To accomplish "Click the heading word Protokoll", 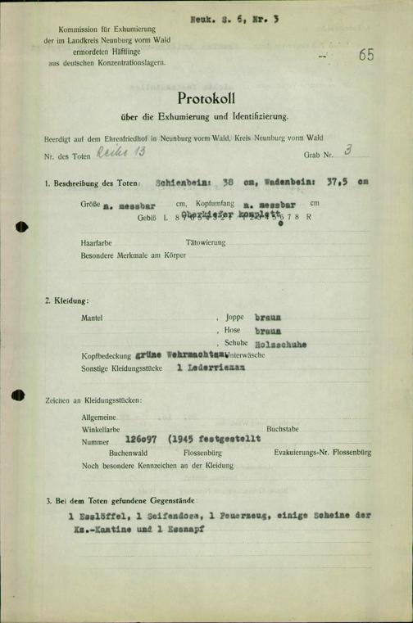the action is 206,98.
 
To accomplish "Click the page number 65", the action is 365,56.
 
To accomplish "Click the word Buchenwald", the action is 130,451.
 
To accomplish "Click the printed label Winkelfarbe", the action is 100,428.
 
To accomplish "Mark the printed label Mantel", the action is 94,318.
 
